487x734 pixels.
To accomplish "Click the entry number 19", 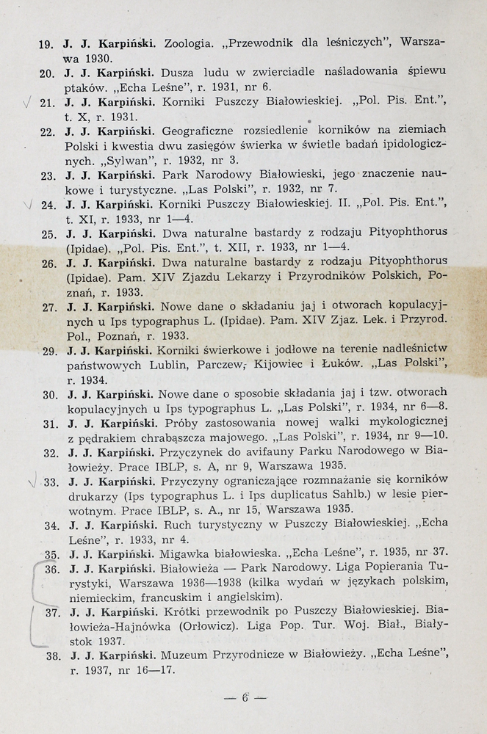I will click(x=45, y=44).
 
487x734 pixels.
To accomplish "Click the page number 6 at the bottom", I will click(x=245, y=698).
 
